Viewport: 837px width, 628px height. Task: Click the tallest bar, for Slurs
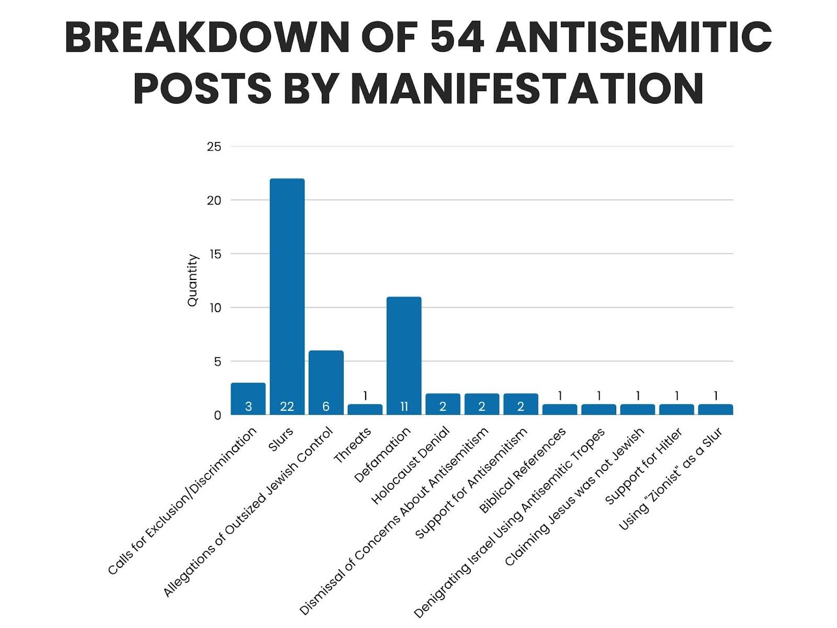[287, 293]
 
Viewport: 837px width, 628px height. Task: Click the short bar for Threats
[365, 409]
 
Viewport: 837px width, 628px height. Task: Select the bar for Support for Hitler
[676, 409]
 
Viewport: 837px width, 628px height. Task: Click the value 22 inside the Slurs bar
[287, 407]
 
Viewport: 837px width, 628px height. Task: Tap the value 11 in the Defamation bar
[404, 407]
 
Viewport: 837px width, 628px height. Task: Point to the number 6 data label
[326, 407]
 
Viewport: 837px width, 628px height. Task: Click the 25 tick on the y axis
[214, 147]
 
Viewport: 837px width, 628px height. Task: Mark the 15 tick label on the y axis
[214, 254]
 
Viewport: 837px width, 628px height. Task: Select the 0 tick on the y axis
[218, 416]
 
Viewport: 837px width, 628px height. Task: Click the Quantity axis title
[193, 281]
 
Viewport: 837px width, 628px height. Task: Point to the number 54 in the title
[456, 38]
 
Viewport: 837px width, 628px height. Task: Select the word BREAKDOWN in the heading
[207, 38]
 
